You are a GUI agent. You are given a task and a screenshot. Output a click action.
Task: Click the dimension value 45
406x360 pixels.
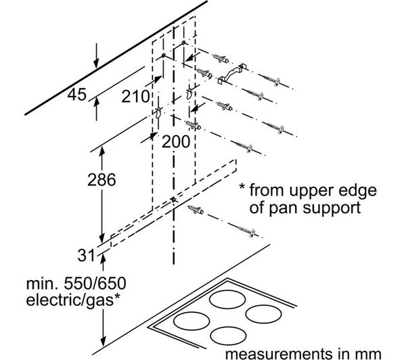[x=76, y=95]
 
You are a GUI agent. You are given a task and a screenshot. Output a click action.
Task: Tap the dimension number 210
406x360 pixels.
[x=136, y=97]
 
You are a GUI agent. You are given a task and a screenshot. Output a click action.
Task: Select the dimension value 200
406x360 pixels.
[x=176, y=142]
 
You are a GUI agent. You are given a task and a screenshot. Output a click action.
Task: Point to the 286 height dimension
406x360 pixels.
[x=101, y=180]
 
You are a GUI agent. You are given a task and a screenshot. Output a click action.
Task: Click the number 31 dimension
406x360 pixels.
[x=87, y=255]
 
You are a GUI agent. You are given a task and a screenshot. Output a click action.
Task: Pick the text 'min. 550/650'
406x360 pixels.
[x=76, y=284]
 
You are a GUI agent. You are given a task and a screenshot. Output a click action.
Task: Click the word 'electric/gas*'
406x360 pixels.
[x=73, y=300]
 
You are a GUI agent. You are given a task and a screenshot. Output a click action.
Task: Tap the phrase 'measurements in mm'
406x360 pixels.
[x=303, y=353]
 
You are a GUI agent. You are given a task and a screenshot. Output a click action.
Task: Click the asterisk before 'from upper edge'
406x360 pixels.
[x=242, y=187]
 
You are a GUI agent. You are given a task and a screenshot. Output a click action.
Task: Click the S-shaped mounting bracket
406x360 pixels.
[x=231, y=74]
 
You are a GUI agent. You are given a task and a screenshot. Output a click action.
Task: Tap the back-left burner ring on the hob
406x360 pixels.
[x=227, y=299]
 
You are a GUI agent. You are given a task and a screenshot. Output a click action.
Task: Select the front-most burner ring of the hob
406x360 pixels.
[x=228, y=336]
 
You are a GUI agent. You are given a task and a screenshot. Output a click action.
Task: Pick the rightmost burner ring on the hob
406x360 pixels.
[x=263, y=314]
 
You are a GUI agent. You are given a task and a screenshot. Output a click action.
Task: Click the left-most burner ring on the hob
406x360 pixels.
[x=191, y=321]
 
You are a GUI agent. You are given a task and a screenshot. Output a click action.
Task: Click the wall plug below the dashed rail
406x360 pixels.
[x=196, y=210]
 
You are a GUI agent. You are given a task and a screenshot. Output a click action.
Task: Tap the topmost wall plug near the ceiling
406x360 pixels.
[x=221, y=59]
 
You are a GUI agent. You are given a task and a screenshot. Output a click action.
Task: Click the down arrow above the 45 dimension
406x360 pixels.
[x=96, y=55]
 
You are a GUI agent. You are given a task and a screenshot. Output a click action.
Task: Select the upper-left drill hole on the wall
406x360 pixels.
[x=163, y=55]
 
